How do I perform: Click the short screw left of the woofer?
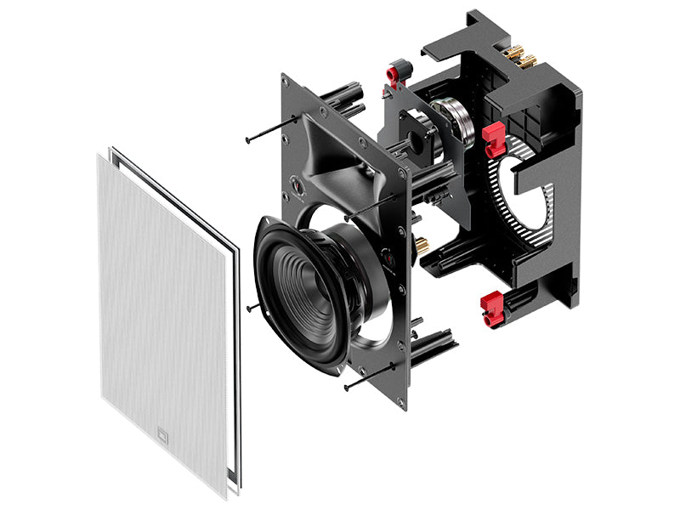pos(252,306)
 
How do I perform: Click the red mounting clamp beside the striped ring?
pos(494,139)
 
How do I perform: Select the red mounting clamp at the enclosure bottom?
pos(493,308)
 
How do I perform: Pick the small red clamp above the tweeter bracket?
pos(397,72)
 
